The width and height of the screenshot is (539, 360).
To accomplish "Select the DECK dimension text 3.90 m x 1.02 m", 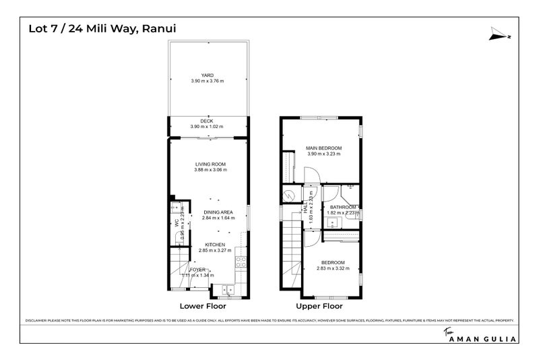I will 207,127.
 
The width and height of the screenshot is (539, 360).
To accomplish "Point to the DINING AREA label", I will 218,212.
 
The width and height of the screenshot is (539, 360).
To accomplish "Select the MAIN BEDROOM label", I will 324,148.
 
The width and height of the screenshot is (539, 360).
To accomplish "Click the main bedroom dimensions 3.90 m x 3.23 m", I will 324,154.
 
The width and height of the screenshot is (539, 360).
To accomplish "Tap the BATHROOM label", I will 342,207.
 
